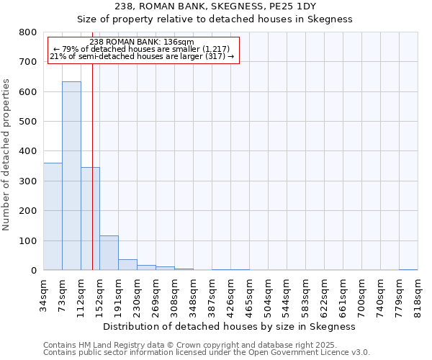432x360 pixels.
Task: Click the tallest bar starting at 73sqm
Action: click(x=71, y=176)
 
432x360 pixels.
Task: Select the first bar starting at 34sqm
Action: click(x=53, y=216)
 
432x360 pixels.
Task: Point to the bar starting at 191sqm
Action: click(x=127, y=264)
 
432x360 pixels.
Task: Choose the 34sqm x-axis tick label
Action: click(x=43, y=296)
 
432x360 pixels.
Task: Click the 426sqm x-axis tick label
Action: click(x=230, y=296)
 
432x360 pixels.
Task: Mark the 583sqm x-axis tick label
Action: click(x=305, y=296)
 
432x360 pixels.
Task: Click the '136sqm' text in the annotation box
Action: click(x=179, y=42)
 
